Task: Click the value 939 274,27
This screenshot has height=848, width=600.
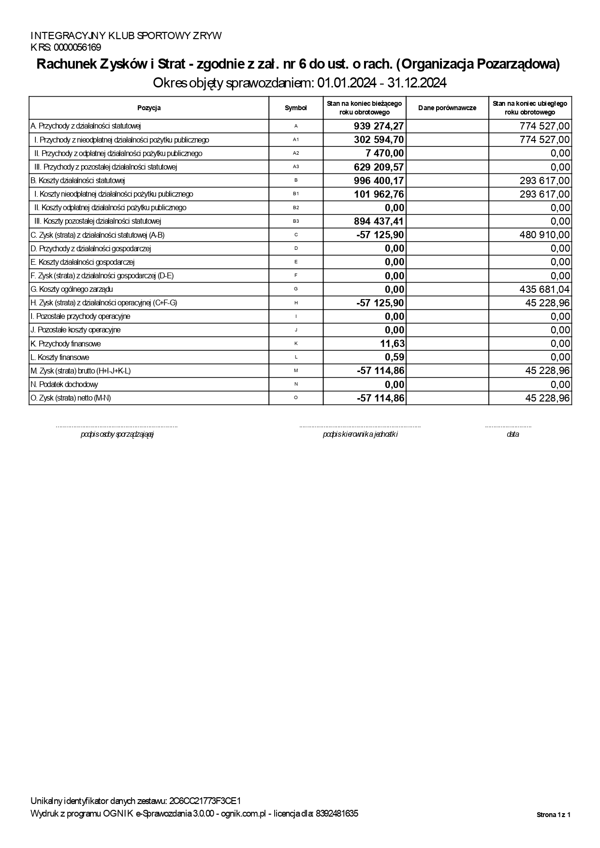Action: pos(379,127)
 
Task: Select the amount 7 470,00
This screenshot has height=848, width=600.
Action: pos(385,154)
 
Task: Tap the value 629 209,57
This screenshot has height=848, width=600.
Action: pos(379,167)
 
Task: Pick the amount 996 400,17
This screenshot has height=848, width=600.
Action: pos(379,181)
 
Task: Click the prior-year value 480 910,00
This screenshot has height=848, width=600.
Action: pos(543,235)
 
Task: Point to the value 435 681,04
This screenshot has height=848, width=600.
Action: pos(543,289)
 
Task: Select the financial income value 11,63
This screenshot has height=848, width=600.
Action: pos(392,344)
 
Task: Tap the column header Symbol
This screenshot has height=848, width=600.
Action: pos(296,108)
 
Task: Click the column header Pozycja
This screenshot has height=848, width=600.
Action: pos(149,108)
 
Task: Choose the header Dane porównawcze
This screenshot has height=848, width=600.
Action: pos(447,108)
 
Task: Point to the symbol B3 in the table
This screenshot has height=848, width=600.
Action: pos(296,221)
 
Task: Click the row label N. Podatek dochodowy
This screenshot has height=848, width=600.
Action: pos(64,385)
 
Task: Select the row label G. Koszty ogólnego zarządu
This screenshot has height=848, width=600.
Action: pos(72,289)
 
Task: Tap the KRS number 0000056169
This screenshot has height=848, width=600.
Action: pos(78,47)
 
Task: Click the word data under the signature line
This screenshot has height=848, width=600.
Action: pos(512,434)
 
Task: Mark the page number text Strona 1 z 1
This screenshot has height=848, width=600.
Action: pos(554,815)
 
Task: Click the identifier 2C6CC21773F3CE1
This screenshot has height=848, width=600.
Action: pos(205,801)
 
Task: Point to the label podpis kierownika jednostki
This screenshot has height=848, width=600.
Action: pos(360,434)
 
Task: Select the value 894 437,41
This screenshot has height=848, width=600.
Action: pos(379,222)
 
